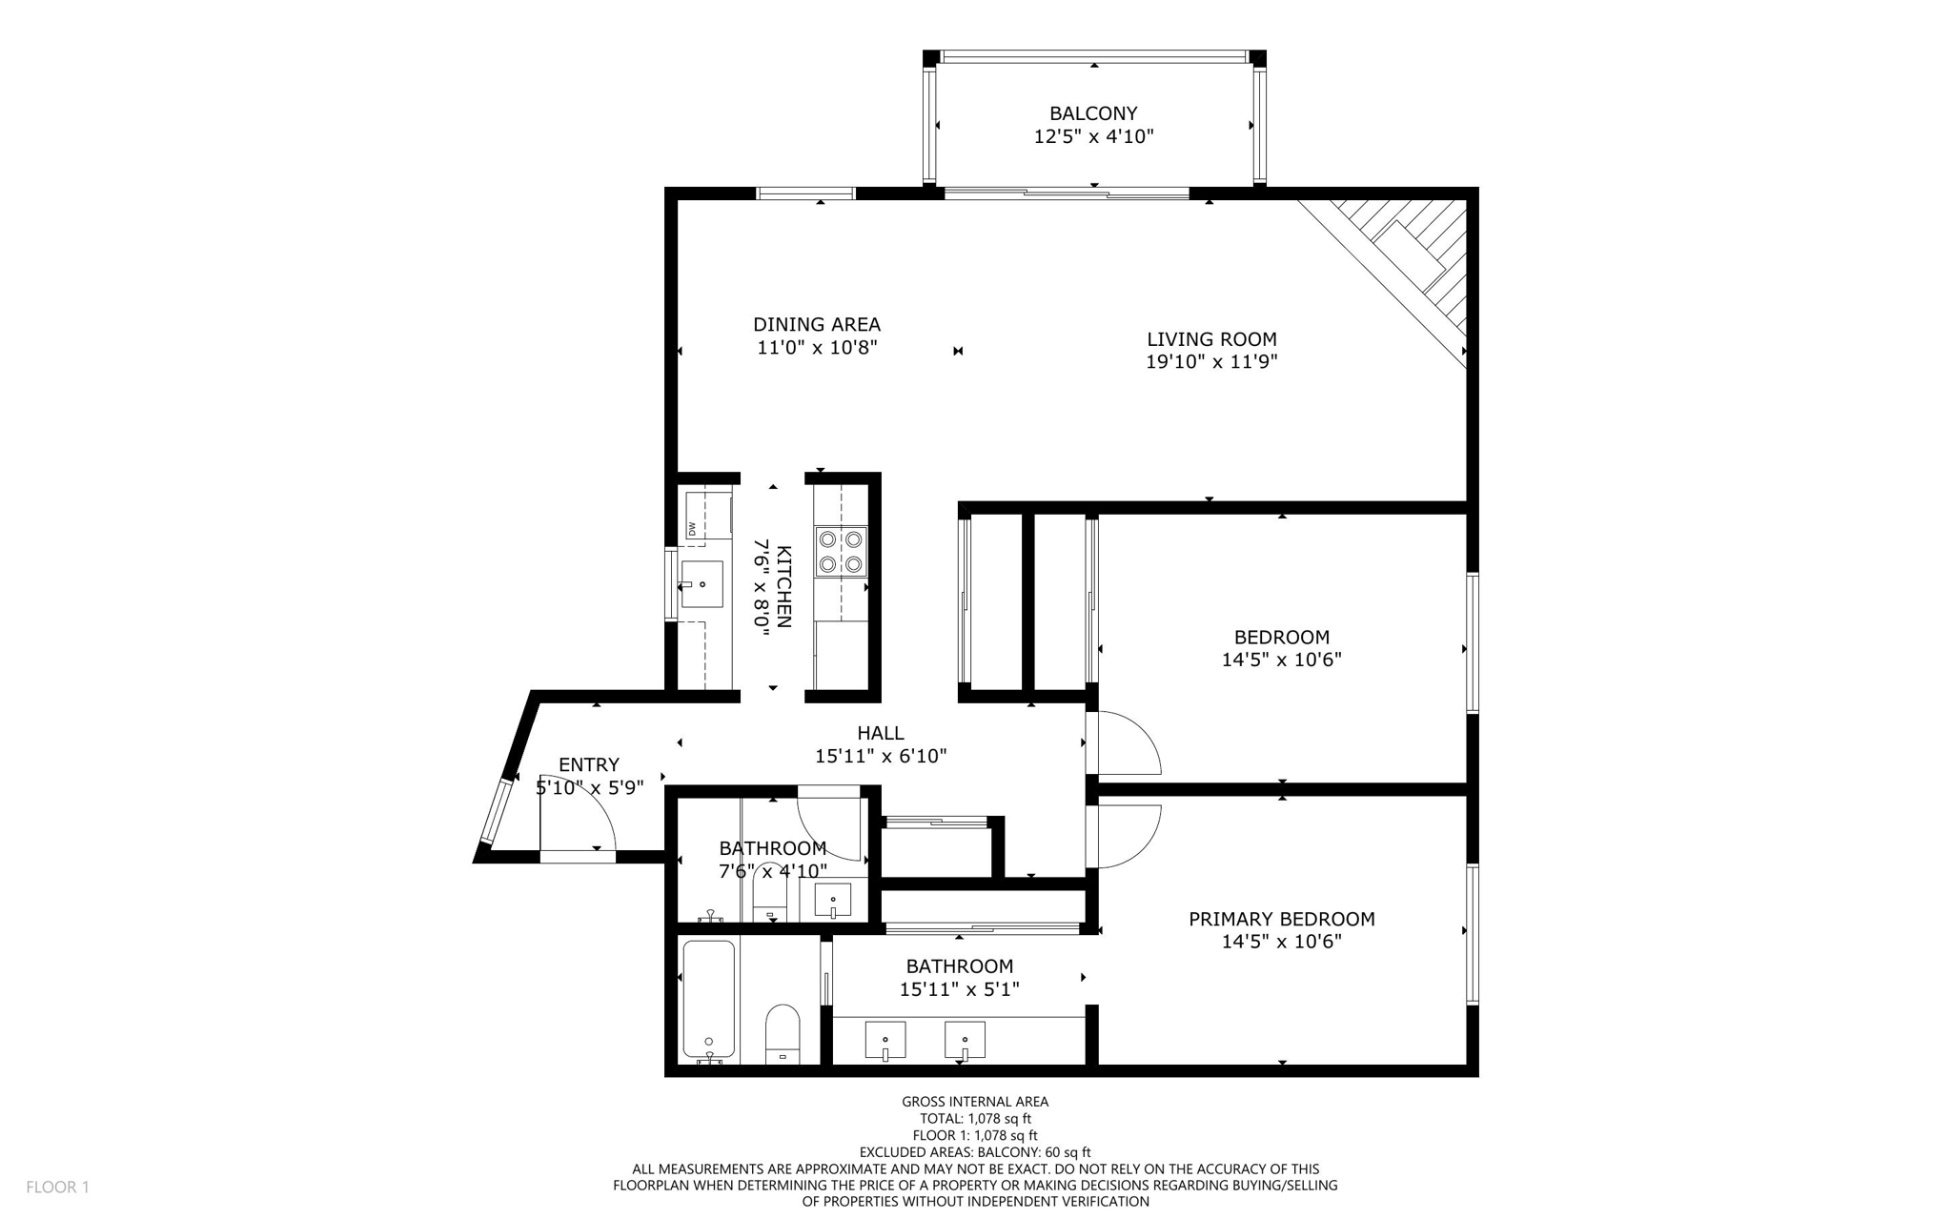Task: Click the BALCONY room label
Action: point(1093,113)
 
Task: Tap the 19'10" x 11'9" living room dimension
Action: point(1210,362)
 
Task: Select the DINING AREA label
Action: point(817,325)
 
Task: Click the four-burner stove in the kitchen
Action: point(841,551)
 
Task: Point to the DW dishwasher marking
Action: point(693,528)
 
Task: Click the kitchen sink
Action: point(701,584)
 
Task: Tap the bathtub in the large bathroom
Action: point(709,1001)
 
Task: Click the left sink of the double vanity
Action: point(885,1041)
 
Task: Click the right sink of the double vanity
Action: point(965,1041)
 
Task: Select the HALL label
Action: point(880,733)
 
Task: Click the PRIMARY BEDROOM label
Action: point(1281,919)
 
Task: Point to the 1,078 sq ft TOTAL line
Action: point(975,1119)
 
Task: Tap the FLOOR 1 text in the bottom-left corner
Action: point(57,1187)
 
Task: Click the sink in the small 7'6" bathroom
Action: point(833,899)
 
